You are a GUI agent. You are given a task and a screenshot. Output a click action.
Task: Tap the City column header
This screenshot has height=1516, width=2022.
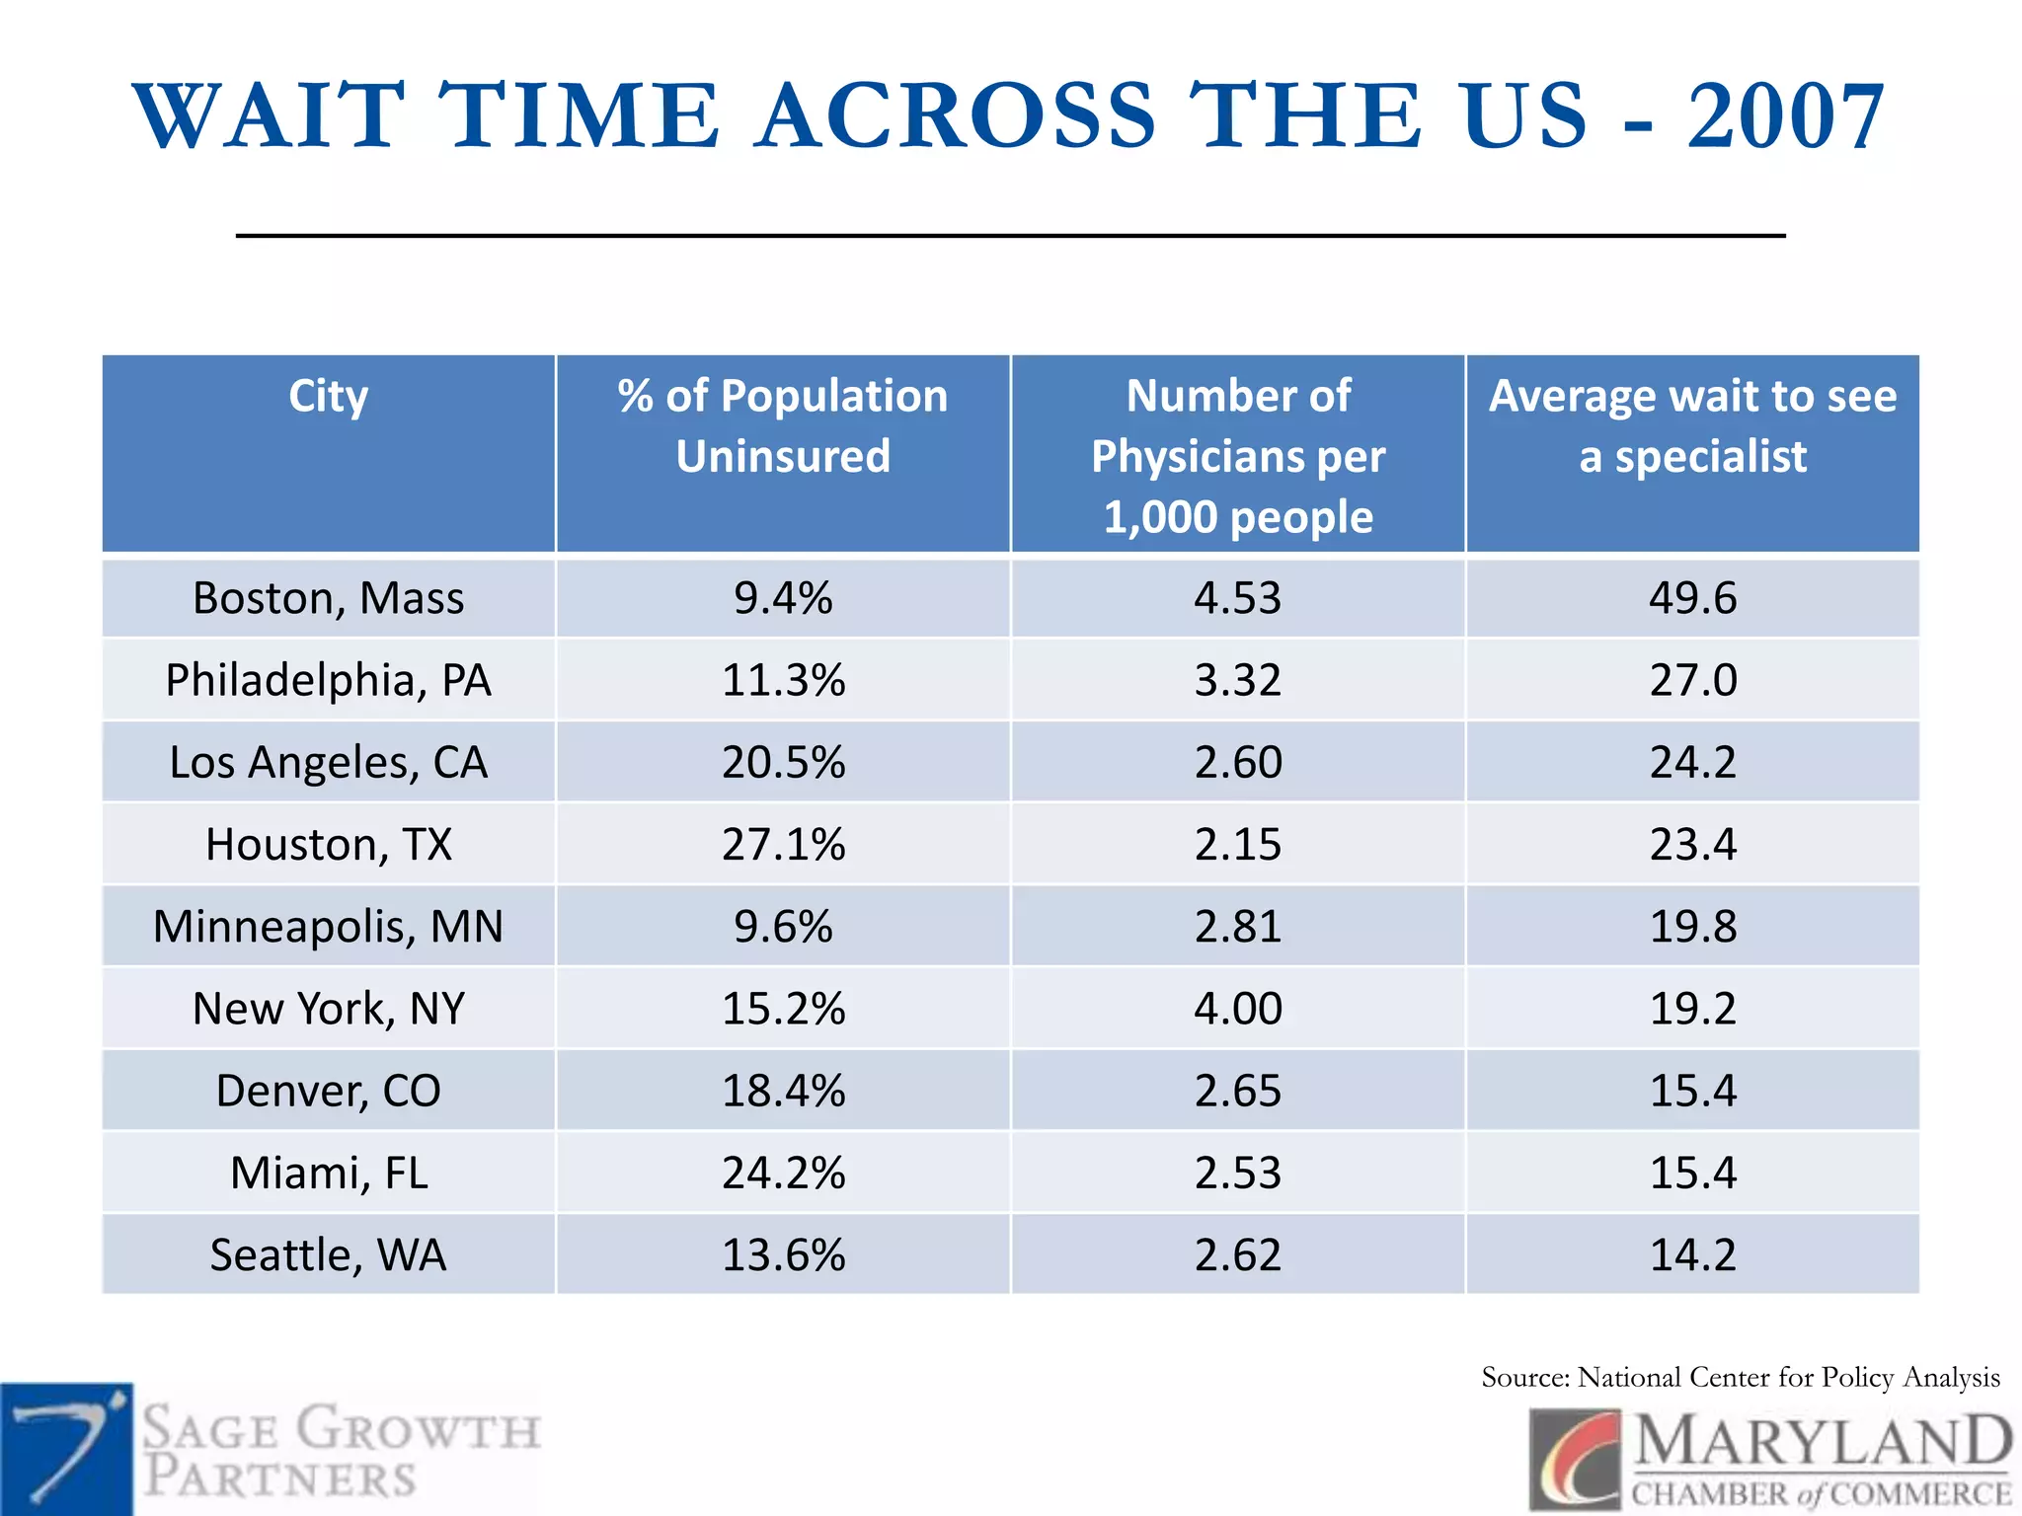328,397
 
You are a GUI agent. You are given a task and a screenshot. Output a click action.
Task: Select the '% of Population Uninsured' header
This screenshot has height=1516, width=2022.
783,425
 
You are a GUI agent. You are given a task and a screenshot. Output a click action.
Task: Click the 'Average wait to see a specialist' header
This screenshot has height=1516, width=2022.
1692,425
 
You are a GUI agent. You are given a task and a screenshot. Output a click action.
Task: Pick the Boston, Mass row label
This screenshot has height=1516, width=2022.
328,598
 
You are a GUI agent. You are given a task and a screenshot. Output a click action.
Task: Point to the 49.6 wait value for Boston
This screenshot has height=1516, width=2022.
1692,598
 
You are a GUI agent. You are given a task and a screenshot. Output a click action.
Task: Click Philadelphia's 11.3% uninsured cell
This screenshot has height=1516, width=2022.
783,680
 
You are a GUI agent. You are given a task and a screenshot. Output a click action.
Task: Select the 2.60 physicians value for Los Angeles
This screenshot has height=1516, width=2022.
1237,762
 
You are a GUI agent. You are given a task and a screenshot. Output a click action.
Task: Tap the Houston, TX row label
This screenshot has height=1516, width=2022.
328,845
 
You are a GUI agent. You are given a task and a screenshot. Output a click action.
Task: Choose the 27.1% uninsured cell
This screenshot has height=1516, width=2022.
783,845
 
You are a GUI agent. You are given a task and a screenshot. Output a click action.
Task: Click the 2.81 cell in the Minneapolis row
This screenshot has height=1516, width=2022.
1237,927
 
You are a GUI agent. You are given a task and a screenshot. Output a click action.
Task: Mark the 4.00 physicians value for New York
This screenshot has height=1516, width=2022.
1237,1009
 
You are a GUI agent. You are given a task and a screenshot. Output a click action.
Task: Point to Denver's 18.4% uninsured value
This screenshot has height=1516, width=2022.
783,1091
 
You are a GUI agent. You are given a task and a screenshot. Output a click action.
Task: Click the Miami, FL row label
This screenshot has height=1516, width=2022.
328,1174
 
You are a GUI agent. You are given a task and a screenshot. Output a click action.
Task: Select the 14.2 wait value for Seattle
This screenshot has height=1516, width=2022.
1692,1255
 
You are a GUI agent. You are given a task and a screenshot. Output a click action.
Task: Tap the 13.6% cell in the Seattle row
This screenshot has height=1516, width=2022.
783,1255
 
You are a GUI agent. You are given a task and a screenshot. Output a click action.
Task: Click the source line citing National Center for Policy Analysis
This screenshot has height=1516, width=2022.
1740,1378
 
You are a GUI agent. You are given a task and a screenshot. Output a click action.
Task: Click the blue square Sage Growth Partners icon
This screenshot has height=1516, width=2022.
65,1449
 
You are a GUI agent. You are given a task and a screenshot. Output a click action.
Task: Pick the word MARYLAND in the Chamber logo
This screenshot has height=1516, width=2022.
1822,1442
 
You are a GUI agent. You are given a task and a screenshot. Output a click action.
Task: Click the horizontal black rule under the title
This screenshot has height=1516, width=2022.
1010,236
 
